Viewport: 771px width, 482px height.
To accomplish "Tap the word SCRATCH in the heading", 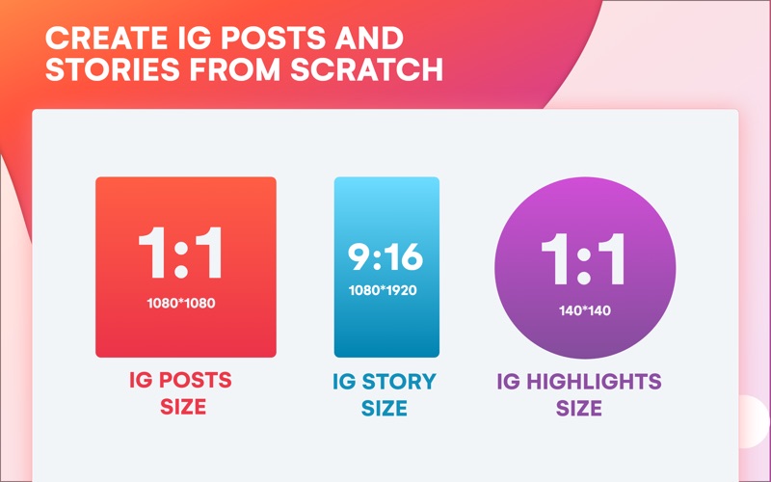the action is click(367, 69).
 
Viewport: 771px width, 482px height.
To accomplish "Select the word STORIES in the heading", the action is click(113, 69).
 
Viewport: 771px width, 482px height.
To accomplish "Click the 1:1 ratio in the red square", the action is click(180, 253).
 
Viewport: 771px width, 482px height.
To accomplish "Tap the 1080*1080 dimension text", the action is click(181, 303).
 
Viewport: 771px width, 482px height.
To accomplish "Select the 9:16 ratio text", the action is click(385, 256).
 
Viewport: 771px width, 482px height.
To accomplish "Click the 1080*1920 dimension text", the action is click(383, 290).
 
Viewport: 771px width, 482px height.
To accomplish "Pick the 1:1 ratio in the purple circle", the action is click(584, 259).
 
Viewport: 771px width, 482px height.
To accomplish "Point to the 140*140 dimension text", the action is click(585, 310).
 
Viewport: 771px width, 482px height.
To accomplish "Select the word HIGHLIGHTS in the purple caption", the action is click(594, 382).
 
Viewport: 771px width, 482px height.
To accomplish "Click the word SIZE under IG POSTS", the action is click(183, 407).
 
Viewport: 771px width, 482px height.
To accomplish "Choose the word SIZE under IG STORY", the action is click(384, 409).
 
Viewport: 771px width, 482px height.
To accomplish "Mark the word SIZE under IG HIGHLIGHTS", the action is click(579, 409).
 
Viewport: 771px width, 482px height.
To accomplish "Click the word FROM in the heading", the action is click(235, 69).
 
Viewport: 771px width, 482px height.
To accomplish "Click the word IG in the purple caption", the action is click(509, 382).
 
